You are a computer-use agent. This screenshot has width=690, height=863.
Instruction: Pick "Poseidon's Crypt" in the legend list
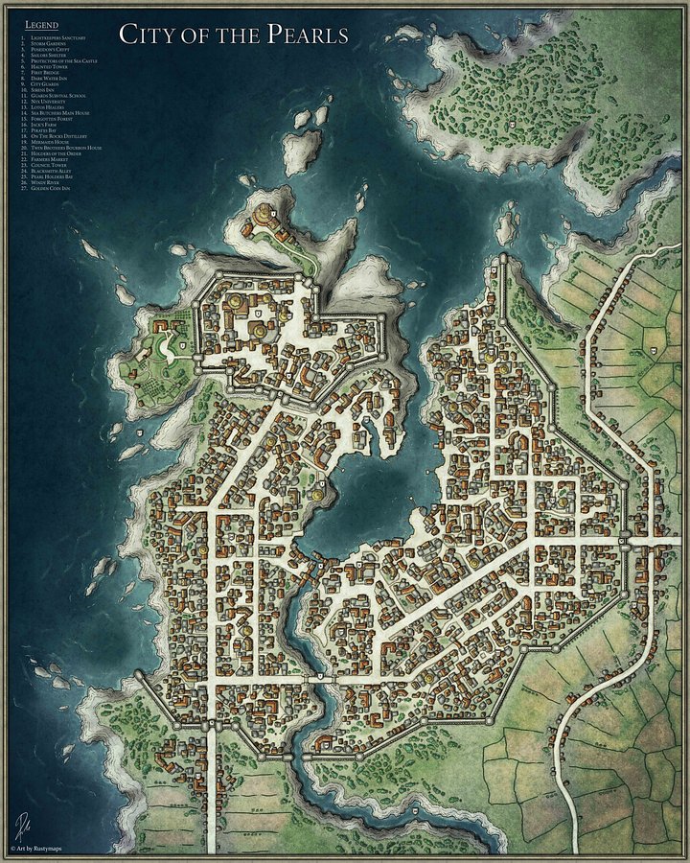point(52,49)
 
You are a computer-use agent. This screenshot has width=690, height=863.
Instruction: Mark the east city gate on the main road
point(624,543)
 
